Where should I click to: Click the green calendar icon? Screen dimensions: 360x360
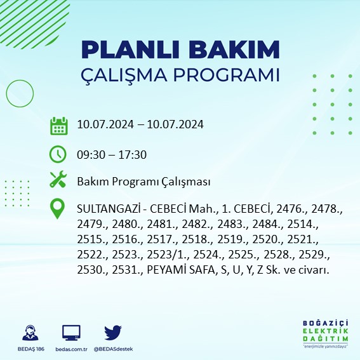pos(58,125)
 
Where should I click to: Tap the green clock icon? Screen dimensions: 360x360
pos(58,154)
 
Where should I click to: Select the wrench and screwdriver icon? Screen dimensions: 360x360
pos(58,180)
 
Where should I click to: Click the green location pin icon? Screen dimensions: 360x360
pos(58,210)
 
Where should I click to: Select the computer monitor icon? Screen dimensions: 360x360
pos(71,333)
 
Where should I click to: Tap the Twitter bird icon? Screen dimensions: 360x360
pos(113,333)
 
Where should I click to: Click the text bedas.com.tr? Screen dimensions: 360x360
pos(70,349)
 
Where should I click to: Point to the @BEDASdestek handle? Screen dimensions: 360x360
pos(113,349)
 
